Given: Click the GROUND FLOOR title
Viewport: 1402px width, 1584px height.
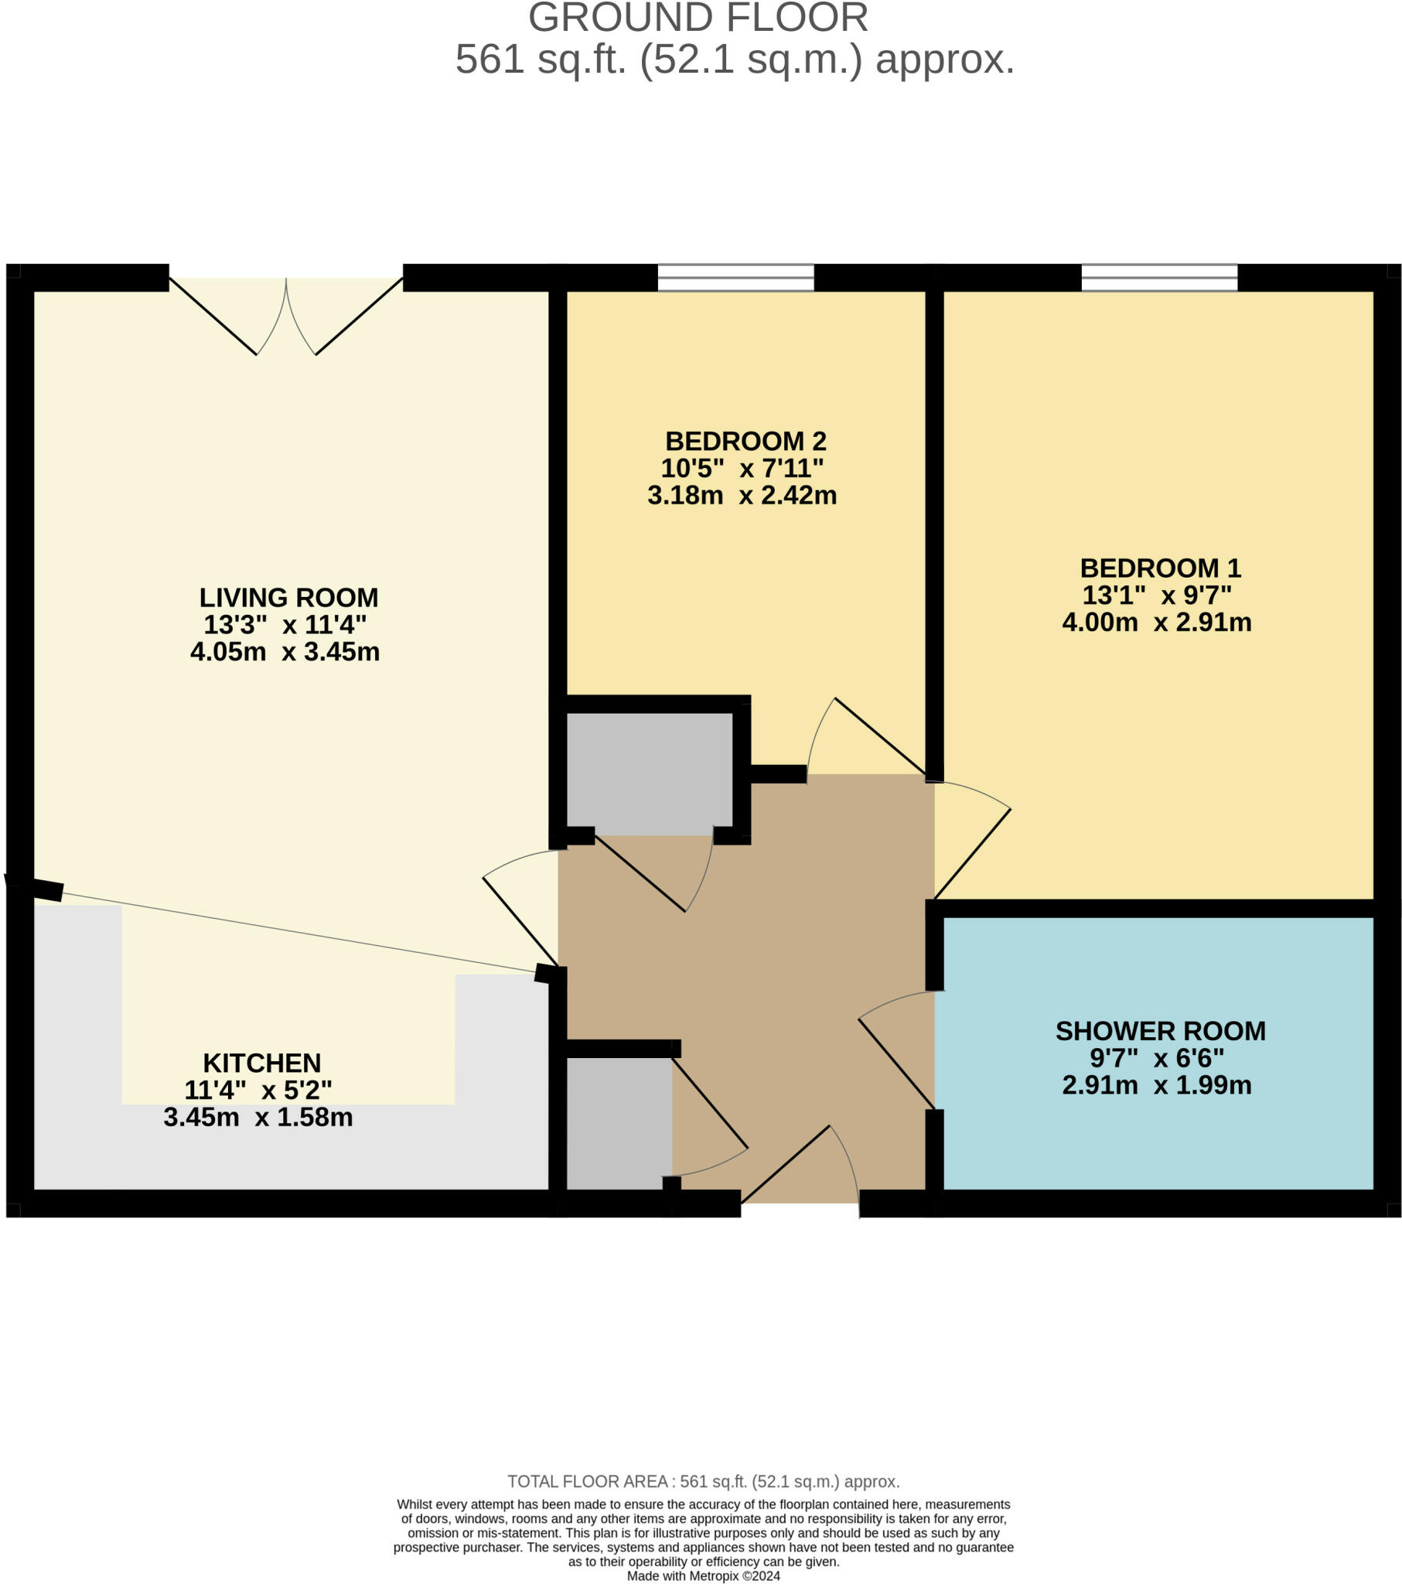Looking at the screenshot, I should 698,18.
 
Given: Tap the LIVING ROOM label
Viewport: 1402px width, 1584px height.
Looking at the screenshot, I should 288,598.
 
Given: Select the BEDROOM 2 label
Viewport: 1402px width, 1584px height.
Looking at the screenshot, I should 745,441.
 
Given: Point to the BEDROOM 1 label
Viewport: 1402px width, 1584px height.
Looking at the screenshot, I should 1160,568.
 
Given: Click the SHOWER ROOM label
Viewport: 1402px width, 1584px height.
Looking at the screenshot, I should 1160,1031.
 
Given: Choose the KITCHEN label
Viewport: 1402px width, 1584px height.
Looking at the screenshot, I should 262,1063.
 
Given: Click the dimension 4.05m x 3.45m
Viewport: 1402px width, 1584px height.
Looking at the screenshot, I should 285,652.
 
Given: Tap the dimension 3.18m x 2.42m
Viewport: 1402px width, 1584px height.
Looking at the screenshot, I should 742,495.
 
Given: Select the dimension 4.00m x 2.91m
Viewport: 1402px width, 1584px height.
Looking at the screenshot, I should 1156,623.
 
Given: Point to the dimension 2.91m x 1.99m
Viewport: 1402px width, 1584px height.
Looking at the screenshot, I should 1156,1085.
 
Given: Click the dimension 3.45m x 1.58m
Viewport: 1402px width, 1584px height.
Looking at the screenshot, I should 258,1117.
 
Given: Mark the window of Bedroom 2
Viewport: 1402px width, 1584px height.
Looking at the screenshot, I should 735,277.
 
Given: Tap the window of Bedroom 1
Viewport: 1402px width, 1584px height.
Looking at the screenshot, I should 1159,277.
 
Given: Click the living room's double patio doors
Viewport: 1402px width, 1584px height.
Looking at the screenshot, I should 286,314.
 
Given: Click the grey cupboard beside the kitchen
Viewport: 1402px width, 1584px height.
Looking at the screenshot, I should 619,1122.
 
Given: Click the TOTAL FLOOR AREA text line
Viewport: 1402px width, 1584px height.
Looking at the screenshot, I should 703,1482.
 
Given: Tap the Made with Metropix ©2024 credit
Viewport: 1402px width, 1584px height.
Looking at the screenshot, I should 703,1575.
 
